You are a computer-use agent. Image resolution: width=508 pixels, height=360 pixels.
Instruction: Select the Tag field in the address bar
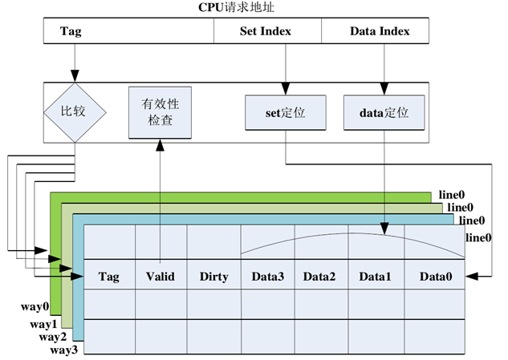(71, 32)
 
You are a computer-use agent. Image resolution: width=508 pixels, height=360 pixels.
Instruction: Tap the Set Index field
(266, 32)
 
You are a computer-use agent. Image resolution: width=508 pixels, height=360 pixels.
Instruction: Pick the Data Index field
(380, 32)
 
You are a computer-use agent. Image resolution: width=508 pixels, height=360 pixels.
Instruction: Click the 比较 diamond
(75, 110)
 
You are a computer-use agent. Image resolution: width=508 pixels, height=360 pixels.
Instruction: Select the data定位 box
(383, 113)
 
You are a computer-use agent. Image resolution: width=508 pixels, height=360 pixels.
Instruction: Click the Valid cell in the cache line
(161, 277)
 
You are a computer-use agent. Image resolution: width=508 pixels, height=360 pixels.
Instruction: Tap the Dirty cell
(213, 277)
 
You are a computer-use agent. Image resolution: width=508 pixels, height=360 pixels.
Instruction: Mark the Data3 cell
(267, 277)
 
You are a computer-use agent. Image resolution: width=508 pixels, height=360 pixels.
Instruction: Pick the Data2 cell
(320, 277)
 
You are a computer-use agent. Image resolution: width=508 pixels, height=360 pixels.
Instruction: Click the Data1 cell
(375, 277)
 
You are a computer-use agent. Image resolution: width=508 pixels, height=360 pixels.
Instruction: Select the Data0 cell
(435, 277)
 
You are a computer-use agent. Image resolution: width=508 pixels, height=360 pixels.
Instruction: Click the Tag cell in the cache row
(108, 277)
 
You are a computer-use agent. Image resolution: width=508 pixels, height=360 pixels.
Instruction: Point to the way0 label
(35, 306)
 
